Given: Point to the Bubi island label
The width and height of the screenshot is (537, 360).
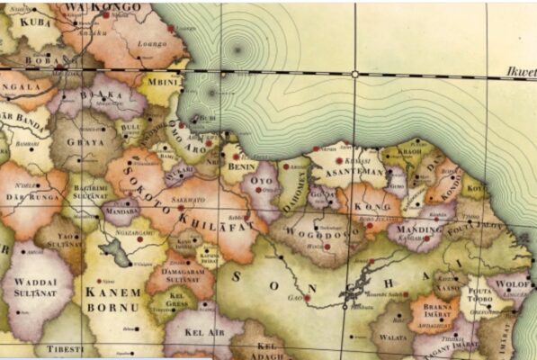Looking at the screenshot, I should pyautogui.click(x=206, y=119).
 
